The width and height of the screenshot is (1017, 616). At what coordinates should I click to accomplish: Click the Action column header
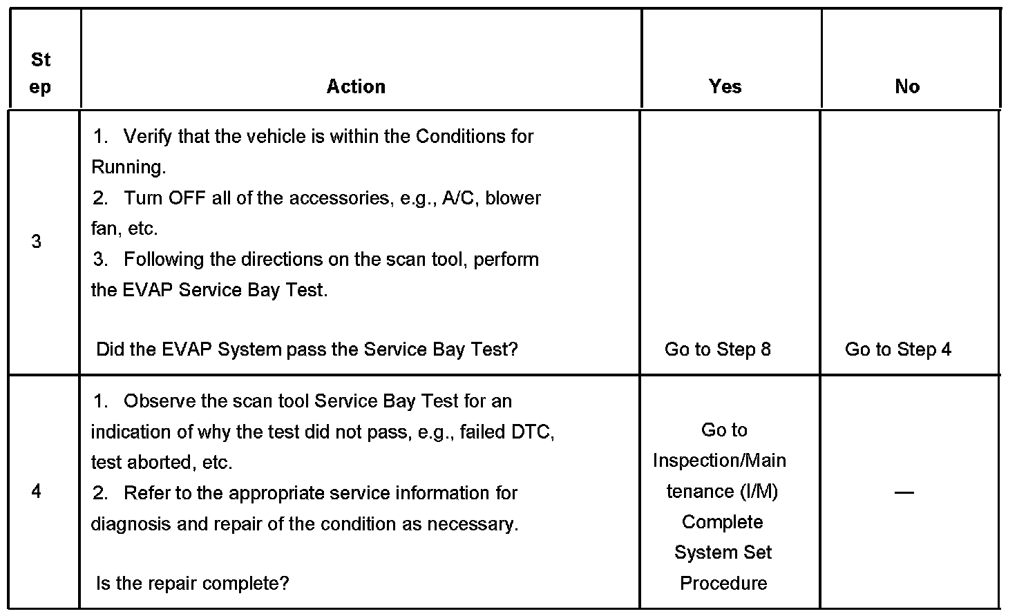pos(356,86)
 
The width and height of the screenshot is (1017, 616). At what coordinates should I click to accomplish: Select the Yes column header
pos(725,86)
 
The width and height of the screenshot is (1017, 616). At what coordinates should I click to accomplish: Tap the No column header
pos(907,86)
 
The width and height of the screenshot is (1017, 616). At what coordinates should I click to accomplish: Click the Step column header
pos(41,73)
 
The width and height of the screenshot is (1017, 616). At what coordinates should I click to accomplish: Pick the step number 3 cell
pos(37,242)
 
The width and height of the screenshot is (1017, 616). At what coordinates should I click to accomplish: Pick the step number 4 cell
pos(37,492)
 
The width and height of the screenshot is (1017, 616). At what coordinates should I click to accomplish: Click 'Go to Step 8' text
pos(717,349)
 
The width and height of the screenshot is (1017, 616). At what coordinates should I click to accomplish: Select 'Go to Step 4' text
pos(897,349)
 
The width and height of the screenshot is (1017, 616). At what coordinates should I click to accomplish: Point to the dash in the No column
pos(904,492)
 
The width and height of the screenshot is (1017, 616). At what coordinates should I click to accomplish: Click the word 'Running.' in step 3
pos(129,167)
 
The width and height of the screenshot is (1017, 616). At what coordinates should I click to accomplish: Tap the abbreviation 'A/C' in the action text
pos(459,198)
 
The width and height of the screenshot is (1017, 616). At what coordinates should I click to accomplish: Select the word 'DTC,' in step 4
pos(533,432)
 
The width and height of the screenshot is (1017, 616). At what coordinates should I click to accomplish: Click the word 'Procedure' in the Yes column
pos(723,584)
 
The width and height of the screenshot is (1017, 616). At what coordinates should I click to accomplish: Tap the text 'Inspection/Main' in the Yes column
pos(719,461)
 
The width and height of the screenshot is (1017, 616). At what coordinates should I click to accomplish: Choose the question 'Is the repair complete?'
pos(192,584)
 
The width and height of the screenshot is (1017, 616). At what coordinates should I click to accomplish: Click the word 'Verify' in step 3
pos(148,136)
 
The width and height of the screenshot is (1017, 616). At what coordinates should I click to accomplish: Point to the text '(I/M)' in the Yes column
pos(759,492)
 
